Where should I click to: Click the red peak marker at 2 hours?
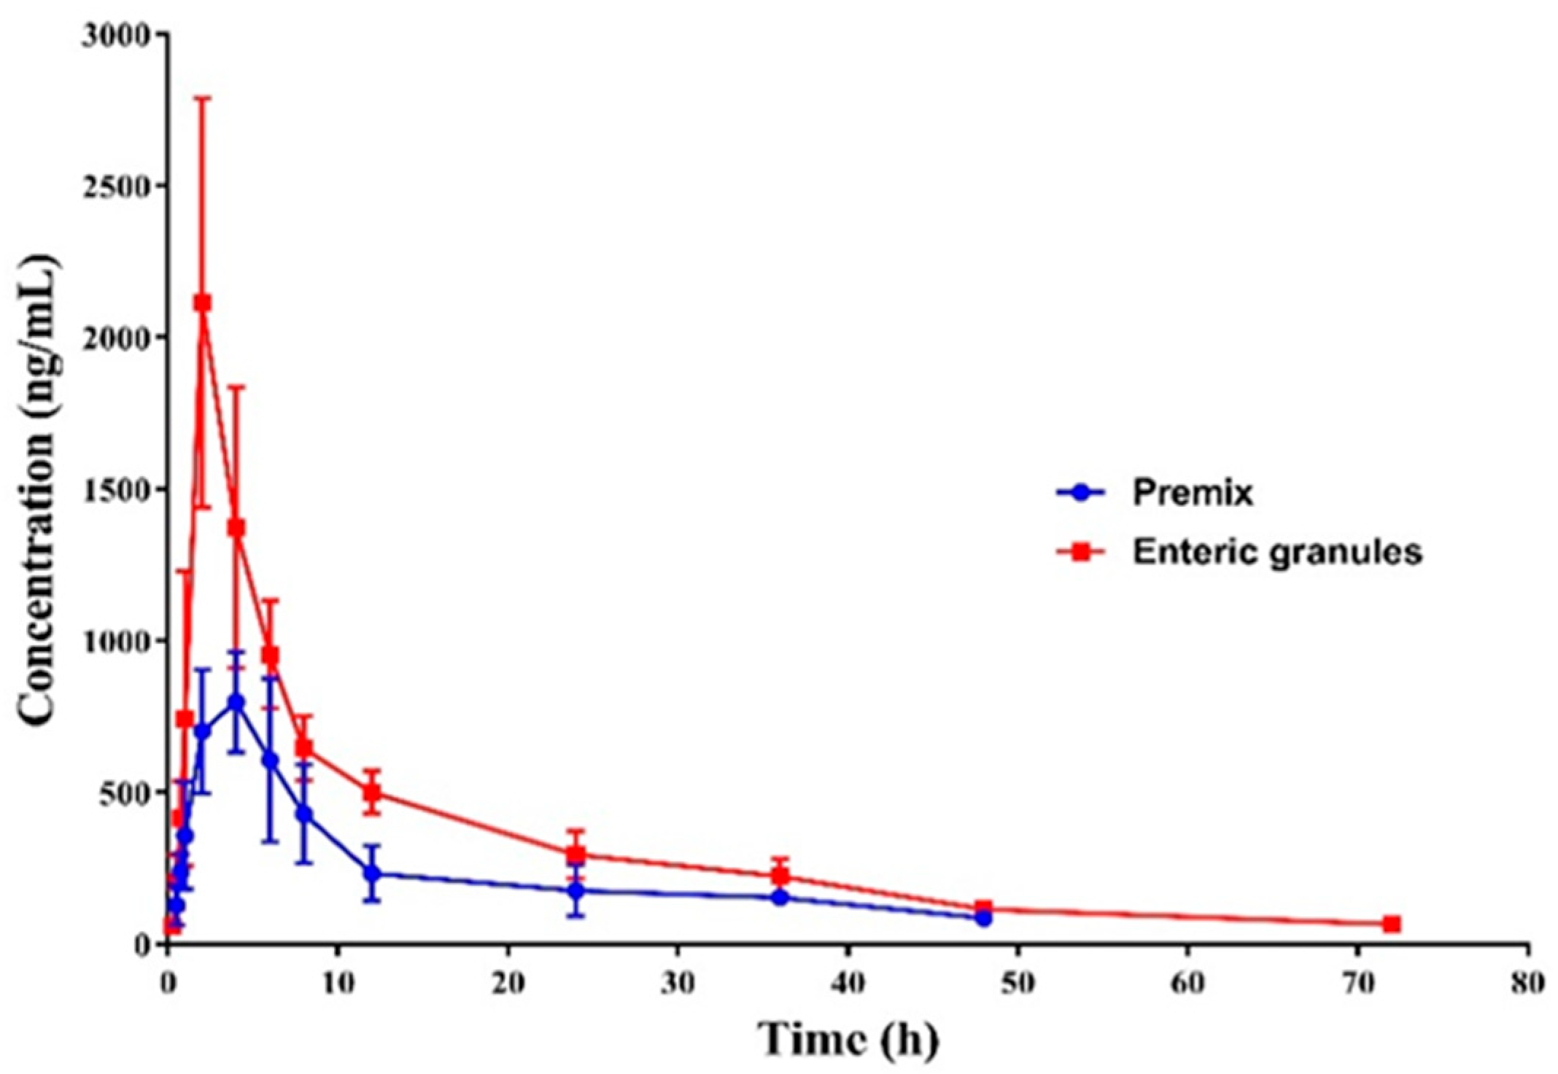click(x=203, y=303)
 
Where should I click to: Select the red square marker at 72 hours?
click(x=1392, y=925)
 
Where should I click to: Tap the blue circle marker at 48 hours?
click(x=983, y=919)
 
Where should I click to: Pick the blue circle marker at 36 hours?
click(x=780, y=898)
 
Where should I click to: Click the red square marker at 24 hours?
click(x=576, y=855)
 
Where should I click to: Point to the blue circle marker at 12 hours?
click(x=373, y=873)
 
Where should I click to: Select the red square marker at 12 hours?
click(x=373, y=792)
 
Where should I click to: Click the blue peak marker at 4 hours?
click(x=236, y=701)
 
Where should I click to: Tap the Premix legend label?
click(x=1193, y=494)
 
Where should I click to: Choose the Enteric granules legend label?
click(x=1276, y=553)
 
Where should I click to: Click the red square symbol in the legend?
click(x=1081, y=553)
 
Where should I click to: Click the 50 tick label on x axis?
click(x=1018, y=983)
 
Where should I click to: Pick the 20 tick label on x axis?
click(x=508, y=983)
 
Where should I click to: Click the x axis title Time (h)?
click(x=847, y=1039)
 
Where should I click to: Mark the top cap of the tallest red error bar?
click(x=203, y=97)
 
